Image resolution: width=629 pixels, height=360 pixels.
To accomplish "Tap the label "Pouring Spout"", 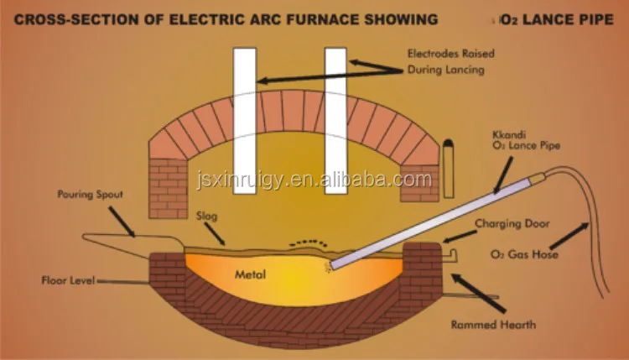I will click(x=91, y=195).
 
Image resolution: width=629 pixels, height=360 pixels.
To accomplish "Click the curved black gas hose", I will click(x=591, y=218).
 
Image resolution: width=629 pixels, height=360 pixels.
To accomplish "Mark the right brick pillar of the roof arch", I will click(x=419, y=181).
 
